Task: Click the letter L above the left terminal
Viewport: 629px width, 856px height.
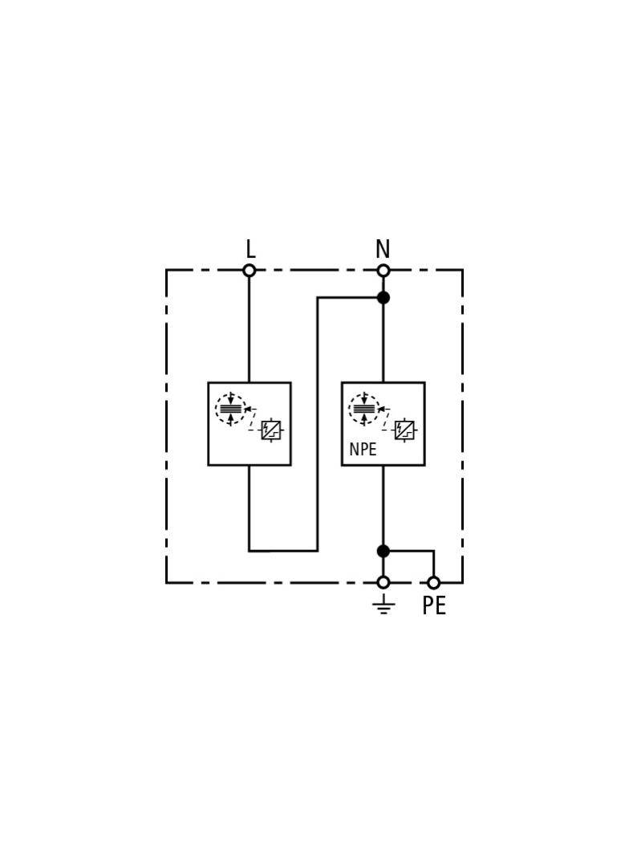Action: [250, 249]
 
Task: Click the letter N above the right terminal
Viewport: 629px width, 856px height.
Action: [383, 249]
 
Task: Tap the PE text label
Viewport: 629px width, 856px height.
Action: [434, 605]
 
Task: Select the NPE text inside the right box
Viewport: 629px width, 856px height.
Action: [363, 450]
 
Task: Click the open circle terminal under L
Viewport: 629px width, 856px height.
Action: [250, 271]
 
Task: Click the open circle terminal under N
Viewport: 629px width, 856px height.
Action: [383, 271]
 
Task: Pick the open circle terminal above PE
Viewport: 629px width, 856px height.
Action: [434, 582]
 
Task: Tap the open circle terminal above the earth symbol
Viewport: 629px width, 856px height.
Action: [383, 582]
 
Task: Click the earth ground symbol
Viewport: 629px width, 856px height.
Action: [383, 604]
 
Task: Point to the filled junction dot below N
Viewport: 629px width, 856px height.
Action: [383, 298]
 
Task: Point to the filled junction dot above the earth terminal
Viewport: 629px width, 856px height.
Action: [383, 551]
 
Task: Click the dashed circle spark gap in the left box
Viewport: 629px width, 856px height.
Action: [231, 409]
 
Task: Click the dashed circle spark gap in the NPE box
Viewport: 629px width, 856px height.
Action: [364, 409]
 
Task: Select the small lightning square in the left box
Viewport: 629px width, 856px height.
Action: [271, 430]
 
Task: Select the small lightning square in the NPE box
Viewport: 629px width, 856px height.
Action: [404, 430]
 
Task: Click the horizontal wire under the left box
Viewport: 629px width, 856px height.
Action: [283, 551]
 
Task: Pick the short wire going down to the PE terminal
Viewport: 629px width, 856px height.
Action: [434, 564]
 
